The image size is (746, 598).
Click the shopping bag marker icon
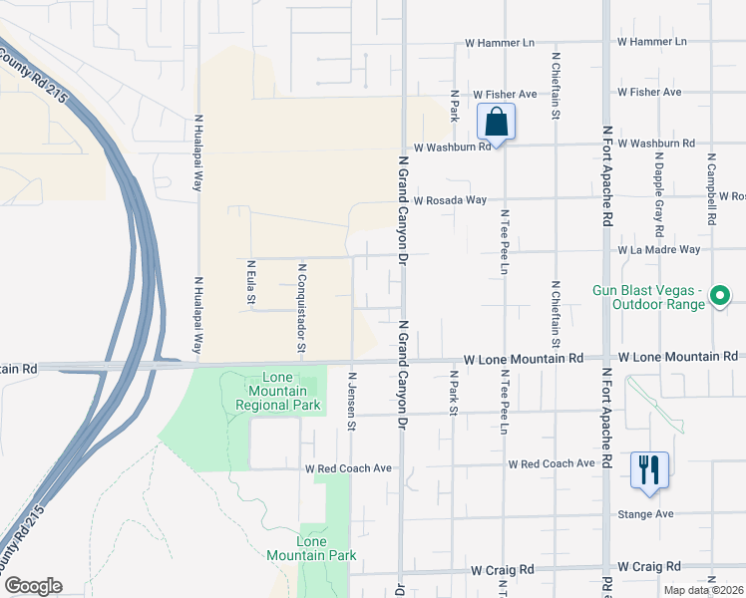(496, 123)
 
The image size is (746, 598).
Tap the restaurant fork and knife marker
(649, 469)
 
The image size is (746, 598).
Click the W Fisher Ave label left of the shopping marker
(505, 94)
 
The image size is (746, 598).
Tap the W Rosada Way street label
(450, 200)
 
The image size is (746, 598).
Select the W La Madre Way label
(658, 249)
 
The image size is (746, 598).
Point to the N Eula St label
(251, 283)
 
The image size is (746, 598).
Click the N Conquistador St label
(300, 308)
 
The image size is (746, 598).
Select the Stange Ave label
(645, 514)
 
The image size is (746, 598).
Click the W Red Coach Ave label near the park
(349, 468)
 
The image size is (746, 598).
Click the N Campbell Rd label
(711, 186)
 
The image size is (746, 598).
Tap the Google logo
(33, 586)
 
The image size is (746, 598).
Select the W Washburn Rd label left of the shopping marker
(453, 147)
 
